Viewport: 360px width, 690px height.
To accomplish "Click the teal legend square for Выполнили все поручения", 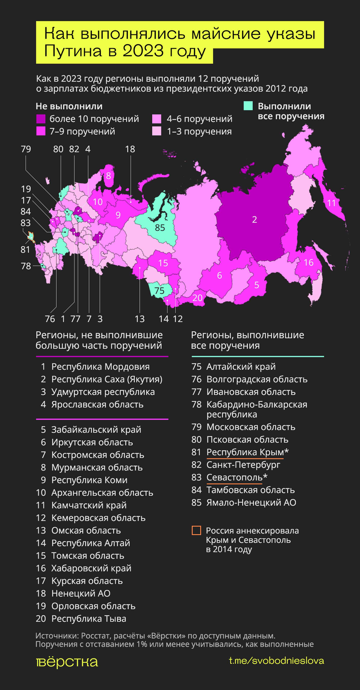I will tap(248, 106).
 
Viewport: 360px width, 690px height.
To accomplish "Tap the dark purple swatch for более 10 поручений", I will tap(41, 119).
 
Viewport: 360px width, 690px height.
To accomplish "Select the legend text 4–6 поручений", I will tap(199, 119).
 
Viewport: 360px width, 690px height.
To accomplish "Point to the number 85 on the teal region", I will tap(160, 228).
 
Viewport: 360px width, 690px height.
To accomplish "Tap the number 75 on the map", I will tap(159, 291).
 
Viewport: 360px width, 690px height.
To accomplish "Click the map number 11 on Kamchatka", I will tap(332, 203).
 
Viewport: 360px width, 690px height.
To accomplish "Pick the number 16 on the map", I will tap(309, 262).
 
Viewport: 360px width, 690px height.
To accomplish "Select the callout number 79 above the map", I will tap(26, 149).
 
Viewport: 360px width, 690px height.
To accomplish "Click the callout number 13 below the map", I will tap(139, 319).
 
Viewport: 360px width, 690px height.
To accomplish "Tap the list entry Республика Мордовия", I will tap(100, 367).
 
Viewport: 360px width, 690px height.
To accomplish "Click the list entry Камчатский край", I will tap(89, 505).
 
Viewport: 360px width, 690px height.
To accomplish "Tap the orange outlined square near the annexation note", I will tap(196, 530).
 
